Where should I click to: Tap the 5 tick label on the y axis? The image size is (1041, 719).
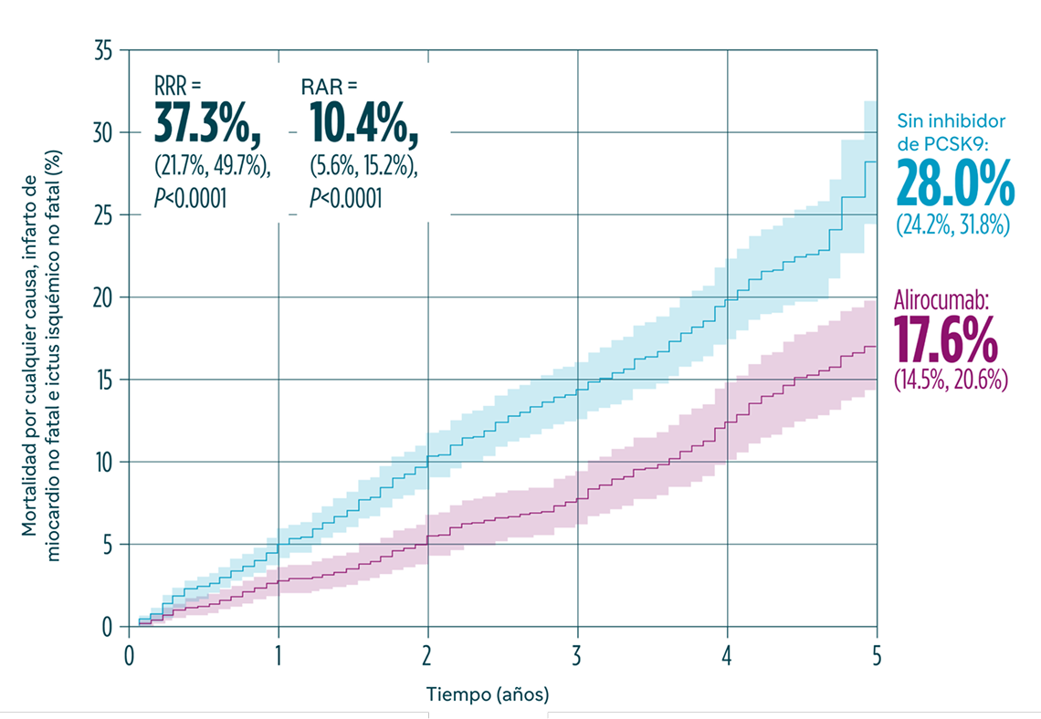(x=107, y=545)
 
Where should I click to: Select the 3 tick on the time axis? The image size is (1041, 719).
(x=577, y=654)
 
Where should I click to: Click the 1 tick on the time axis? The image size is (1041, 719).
(x=279, y=654)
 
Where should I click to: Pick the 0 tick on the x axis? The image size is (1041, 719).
(x=129, y=654)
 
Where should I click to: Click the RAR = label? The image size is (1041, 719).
(x=330, y=88)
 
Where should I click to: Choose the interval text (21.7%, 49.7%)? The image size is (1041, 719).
(x=212, y=171)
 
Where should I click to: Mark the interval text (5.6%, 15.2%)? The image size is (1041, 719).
(x=363, y=171)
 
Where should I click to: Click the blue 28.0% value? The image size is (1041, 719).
(x=954, y=183)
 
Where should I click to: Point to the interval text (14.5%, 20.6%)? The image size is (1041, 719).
(x=951, y=380)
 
